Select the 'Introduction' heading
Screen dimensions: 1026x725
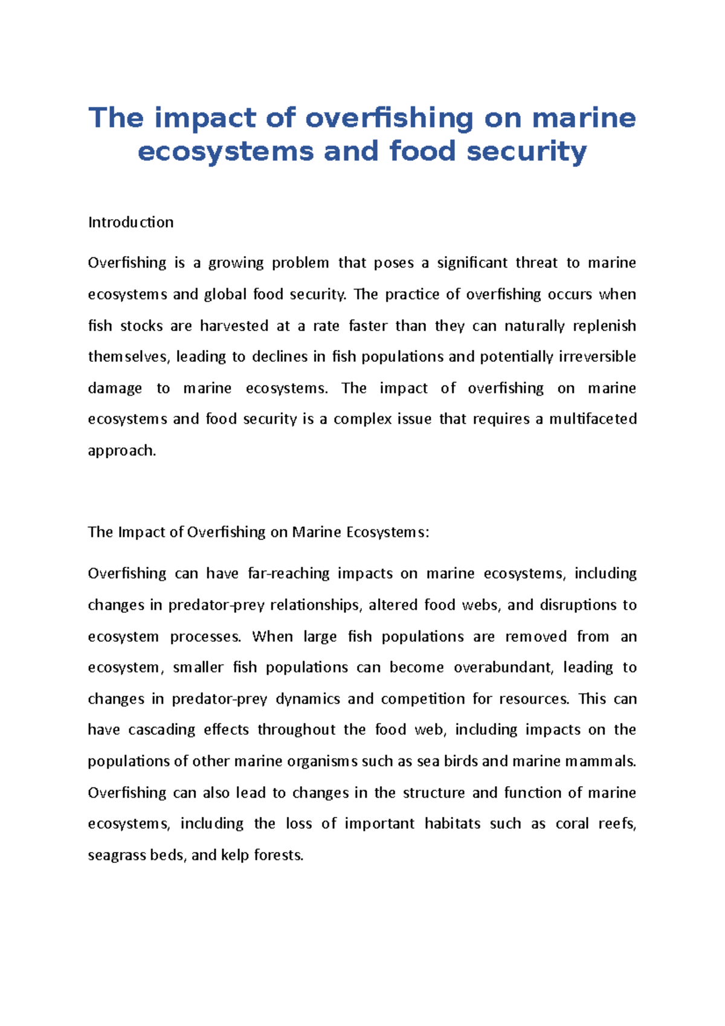(130, 222)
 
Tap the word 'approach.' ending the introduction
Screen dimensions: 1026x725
(122, 451)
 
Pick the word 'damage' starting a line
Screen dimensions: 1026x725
(115, 388)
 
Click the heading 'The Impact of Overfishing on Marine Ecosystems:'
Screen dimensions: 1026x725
(258, 532)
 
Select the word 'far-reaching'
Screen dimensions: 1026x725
(289, 573)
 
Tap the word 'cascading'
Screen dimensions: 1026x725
(162, 730)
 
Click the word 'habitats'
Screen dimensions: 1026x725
(453, 824)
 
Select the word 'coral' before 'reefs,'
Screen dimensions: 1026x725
(572, 824)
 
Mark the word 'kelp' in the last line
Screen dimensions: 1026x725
(234, 856)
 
